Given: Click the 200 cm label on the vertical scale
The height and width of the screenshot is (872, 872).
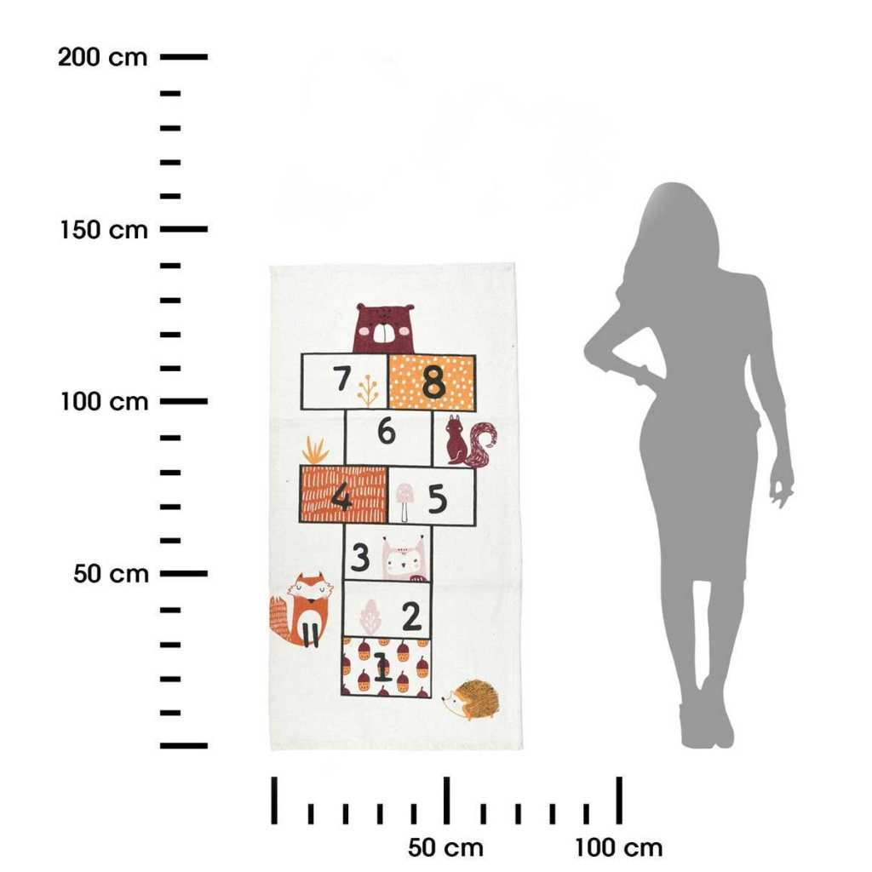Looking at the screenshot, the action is pos(102,57).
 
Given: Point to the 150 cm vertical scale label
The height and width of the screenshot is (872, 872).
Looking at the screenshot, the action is pos(104,230).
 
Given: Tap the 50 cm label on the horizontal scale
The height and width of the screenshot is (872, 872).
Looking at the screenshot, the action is pos(445,848).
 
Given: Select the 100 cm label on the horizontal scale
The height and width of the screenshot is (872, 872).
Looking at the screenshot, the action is pos(618,848).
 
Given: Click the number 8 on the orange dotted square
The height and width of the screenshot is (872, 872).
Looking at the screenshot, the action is pos(433,382).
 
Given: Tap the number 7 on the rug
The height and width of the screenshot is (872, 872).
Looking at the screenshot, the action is pos(342,378).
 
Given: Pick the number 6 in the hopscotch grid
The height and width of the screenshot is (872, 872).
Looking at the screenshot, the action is pos(387,432).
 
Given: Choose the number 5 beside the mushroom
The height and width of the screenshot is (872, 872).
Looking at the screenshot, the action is pos(438,498).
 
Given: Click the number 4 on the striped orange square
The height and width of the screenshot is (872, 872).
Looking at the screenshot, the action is pos(341,496).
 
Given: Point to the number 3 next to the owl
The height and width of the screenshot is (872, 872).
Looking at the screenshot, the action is pos(360,557).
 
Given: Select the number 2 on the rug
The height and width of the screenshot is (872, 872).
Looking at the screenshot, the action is pos(411,617).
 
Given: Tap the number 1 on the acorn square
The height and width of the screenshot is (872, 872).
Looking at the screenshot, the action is pos(382,667).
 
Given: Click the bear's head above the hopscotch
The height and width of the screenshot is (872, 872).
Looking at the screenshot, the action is pos(384,328).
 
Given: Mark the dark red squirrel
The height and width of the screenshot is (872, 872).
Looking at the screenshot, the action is pos(469,440).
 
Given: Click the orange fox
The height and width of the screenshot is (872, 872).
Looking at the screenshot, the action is pos(301,610).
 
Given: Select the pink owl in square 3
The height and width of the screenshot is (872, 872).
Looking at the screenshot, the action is pos(404,559).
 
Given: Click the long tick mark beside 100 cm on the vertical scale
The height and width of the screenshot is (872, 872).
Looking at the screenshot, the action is pos(184,401).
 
